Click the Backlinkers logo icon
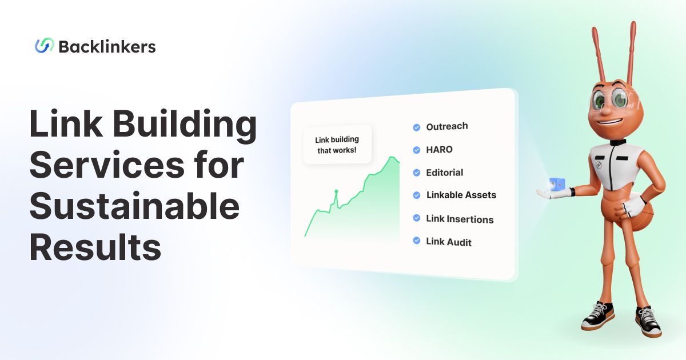45,46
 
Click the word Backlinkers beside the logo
107,47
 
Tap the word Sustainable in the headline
134,207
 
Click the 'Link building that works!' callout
337,145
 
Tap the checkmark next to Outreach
417,127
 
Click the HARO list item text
439,150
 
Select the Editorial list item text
444,173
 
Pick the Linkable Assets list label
461,195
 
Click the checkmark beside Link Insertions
417,219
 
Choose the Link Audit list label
449,242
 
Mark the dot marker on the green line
336,191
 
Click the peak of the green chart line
392,157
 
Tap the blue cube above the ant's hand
556,184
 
